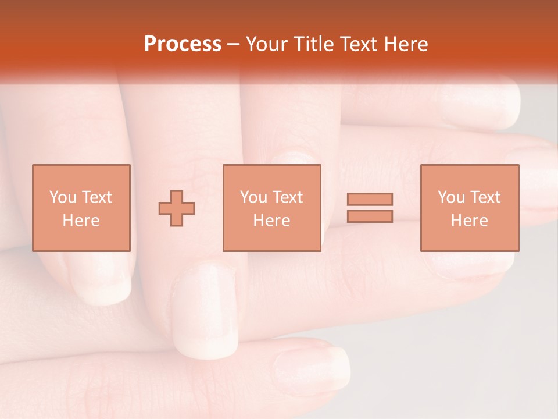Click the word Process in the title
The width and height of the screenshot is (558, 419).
(x=183, y=44)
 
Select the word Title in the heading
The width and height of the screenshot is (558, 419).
(x=315, y=44)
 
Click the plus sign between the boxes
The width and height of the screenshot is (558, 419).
(x=177, y=208)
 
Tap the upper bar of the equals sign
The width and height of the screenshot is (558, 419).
(x=370, y=199)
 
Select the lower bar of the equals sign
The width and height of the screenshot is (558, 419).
(x=370, y=216)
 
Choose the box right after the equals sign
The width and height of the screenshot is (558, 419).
(x=469, y=208)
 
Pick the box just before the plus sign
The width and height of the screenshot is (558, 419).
(x=81, y=208)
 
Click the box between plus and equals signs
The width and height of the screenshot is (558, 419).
(x=271, y=208)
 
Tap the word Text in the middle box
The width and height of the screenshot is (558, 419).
(x=287, y=197)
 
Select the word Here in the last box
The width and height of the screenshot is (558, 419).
(x=469, y=221)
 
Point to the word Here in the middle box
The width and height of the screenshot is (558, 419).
(x=271, y=221)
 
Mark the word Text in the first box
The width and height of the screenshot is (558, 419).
(x=96, y=197)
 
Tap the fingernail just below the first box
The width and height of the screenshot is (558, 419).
(x=102, y=279)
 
